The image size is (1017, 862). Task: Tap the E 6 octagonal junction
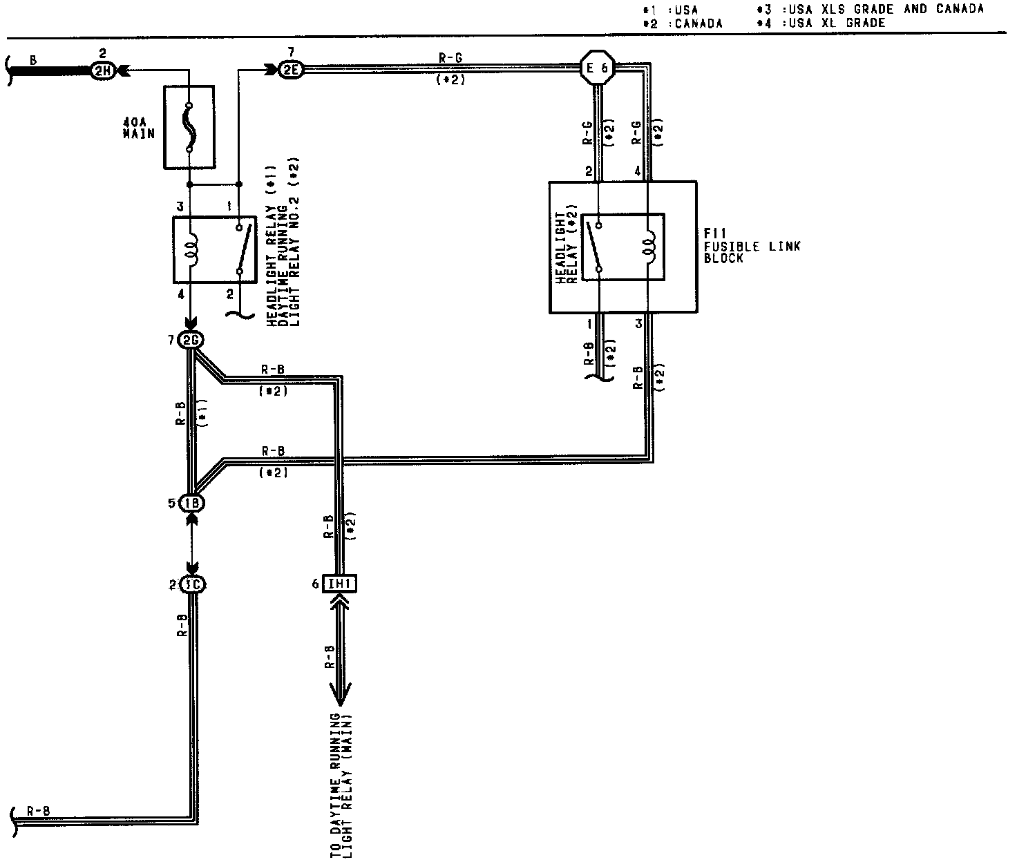(x=596, y=68)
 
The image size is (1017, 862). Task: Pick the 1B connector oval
(x=192, y=503)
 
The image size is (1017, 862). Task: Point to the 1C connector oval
(x=193, y=584)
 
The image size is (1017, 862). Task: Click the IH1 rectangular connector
(x=341, y=584)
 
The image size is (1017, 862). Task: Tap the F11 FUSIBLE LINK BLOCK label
(x=752, y=246)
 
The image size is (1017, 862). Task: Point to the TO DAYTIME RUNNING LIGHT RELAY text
(x=341, y=784)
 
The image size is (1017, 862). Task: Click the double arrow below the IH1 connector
(x=340, y=649)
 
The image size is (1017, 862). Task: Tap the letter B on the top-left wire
(x=32, y=60)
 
